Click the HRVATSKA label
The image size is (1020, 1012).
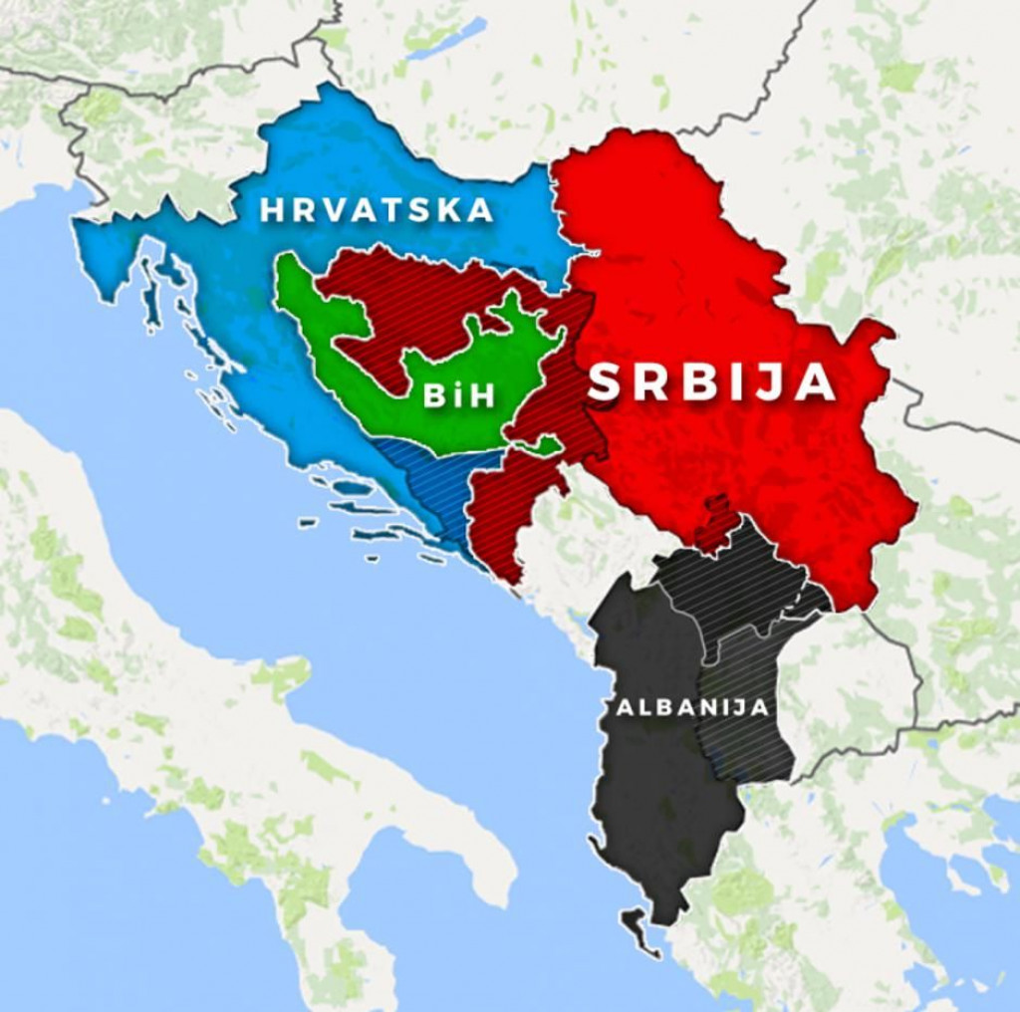(x=377, y=210)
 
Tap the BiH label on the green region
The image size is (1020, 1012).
(x=458, y=395)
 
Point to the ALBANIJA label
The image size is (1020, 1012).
(x=691, y=707)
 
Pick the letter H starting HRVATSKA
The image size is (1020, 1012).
(x=271, y=210)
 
